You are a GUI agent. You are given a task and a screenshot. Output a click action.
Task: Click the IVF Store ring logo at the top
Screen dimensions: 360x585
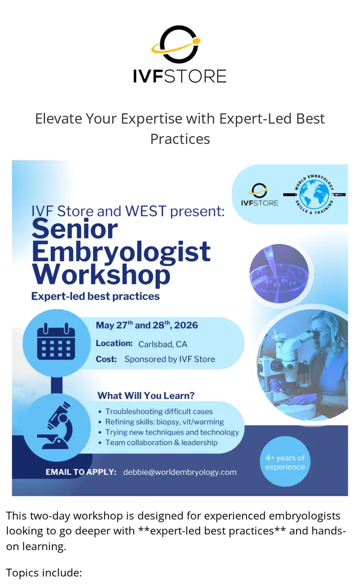point(176,44)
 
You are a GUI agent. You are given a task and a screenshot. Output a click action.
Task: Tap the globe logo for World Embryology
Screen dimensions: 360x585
point(314,195)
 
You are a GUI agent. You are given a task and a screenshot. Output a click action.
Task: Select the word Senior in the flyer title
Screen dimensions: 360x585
point(75,229)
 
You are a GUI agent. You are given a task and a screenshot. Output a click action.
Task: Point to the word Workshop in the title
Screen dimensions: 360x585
point(101,275)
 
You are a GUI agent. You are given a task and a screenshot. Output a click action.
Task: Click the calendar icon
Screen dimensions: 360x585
point(56,342)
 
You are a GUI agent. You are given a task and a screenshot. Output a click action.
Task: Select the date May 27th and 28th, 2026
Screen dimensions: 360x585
point(147,325)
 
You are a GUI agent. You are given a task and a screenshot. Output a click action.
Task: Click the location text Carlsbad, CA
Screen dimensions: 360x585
point(163,344)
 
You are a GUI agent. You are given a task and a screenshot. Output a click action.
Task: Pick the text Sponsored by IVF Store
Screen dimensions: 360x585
point(170,359)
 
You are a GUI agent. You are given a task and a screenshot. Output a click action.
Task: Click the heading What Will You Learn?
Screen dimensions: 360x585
point(146,395)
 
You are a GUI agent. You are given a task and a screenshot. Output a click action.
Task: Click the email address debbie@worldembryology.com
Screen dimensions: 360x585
point(180,472)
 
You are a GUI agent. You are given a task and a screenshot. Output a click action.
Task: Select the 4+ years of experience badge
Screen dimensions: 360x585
point(285,461)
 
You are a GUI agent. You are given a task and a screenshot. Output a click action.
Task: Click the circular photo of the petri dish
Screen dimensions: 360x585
point(280,273)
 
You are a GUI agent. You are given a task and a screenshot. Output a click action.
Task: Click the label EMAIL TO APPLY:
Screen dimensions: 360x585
point(81,472)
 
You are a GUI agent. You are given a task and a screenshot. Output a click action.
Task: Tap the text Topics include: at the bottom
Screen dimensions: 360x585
point(44,573)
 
